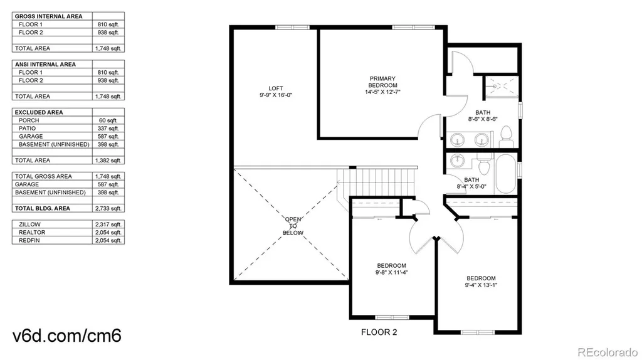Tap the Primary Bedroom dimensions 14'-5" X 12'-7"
coord(382,92)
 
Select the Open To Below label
coord(293,226)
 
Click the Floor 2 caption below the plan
coord(379,332)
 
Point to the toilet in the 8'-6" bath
coord(507,136)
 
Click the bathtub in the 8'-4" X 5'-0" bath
coord(506,174)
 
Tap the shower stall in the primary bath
coord(502,87)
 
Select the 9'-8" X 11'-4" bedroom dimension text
coord(391,272)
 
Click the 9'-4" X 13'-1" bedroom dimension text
coord(481,285)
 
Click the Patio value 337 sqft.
coord(108,128)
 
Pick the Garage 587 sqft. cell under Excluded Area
coord(108,136)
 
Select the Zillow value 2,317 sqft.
coord(108,225)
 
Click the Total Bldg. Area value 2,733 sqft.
coord(108,208)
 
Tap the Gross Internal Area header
coord(49,16)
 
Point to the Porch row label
coord(29,120)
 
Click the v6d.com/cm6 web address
coord(67,336)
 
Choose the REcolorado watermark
coord(608,352)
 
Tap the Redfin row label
coord(29,240)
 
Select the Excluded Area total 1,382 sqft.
coord(108,161)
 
